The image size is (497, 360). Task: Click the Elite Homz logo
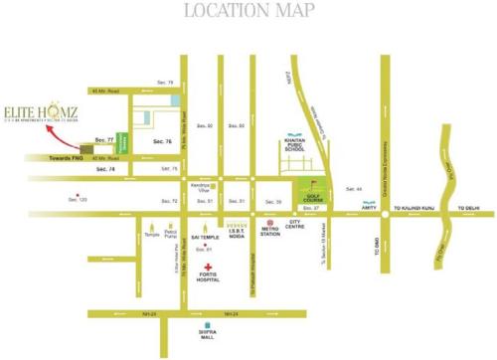point(36,112)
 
